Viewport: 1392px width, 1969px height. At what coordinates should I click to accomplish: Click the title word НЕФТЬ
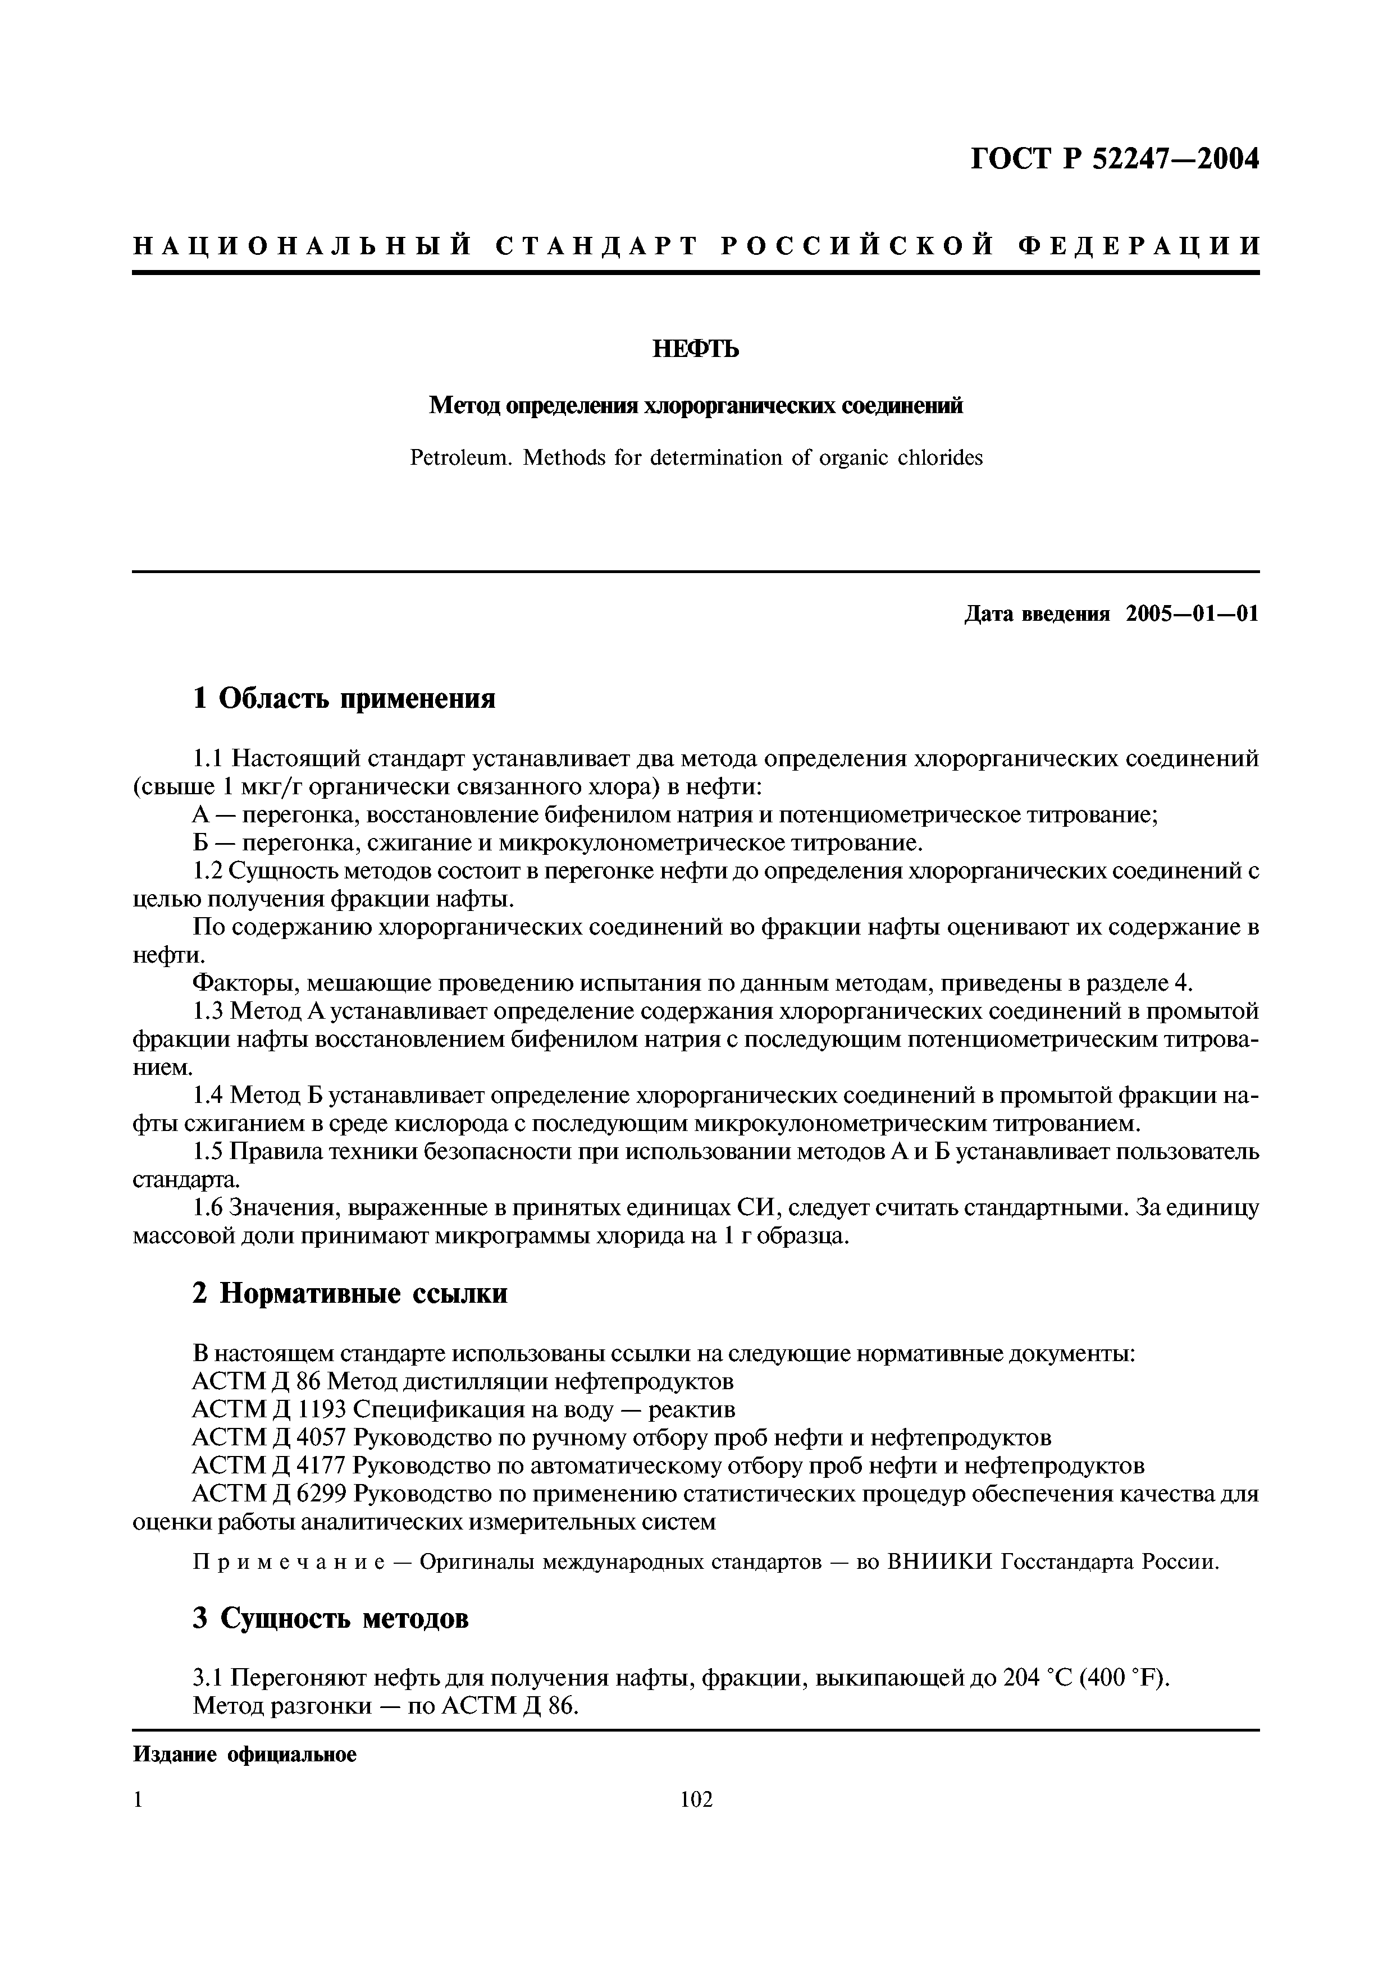[696, 349]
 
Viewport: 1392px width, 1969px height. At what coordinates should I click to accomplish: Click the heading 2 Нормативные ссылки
[350, 1293]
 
